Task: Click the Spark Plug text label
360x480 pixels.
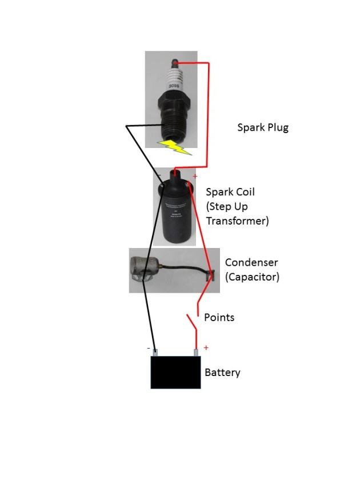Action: coord(262,127)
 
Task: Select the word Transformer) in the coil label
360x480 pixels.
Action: coord(237,221)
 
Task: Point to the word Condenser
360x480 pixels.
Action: coord(251,263)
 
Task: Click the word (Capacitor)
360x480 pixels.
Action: coord(252,277)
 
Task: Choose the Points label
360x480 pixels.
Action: coord(219,317)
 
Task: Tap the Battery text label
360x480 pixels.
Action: coord(222,373)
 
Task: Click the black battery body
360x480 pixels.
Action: coord(175,373)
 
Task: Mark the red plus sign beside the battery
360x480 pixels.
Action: coord(206,347)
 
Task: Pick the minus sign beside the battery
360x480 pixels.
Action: coord(149,347)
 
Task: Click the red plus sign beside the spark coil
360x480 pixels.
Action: coord(194,177)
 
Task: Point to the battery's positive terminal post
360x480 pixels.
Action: coord(197,353)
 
